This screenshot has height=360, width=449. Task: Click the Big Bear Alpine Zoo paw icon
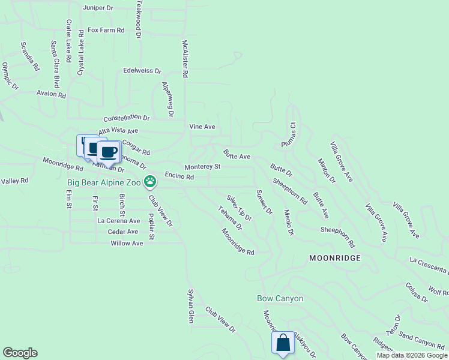[150, 180]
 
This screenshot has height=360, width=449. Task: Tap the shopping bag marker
[283, 344]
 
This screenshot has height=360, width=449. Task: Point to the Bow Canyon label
[280, 298]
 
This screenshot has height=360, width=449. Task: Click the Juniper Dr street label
[99, 8]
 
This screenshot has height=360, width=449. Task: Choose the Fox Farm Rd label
[105, 29]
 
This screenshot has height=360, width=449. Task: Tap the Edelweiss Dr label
[142, 71]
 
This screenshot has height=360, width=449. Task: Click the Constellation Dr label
[126, 119]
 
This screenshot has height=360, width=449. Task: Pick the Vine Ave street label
[202, 127]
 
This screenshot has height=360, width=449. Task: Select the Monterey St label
[202, 166]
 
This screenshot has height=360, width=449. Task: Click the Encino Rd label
[179, 177]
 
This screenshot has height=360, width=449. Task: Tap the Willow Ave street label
[127, 243]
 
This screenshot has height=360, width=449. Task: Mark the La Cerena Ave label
[118, 220]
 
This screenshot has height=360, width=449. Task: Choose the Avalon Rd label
[50, 94]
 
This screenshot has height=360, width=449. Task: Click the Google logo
[20, 353]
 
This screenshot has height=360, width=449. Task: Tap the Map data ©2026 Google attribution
[411, 355]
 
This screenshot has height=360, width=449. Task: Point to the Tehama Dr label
[230, 218]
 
